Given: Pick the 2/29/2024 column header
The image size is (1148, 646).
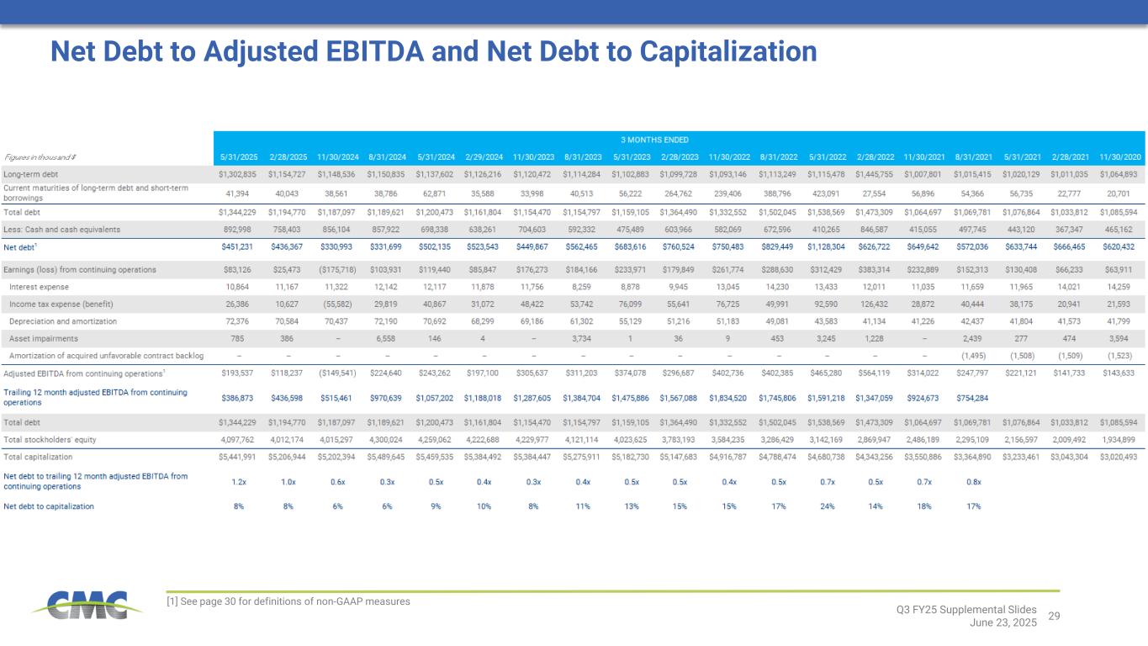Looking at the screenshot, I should click(484, 156).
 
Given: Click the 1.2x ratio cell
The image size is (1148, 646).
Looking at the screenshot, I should click(238, 482).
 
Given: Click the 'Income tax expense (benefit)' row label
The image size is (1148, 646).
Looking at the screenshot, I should click(61, 304).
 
